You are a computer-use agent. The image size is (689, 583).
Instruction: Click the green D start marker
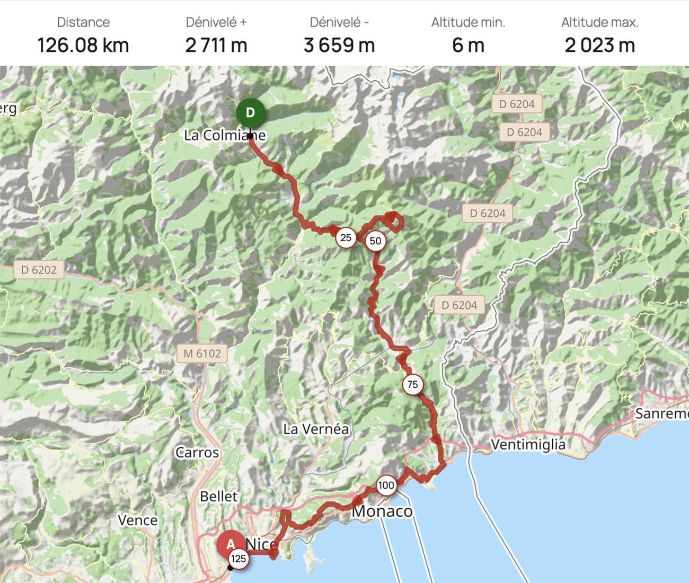(250, 113)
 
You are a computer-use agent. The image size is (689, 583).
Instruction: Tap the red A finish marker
(231, 544)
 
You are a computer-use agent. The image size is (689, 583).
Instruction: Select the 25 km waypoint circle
(346, 237)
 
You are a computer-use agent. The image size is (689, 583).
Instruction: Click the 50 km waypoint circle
(375, 241)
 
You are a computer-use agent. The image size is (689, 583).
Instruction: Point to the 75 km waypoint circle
(412, 384)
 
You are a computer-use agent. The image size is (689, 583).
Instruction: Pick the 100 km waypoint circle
(386, 485)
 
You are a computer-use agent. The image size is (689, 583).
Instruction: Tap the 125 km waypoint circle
(238, 558)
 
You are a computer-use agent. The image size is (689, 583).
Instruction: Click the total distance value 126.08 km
(83, 46)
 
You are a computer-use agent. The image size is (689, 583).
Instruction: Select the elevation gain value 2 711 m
(216, 46)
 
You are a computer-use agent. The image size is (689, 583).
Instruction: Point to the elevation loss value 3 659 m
(339, 46)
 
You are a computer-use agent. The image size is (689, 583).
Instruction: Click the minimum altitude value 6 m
(468, 46)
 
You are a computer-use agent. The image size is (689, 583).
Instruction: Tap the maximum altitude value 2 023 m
(599, 46)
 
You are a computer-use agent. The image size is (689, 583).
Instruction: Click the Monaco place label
(382, 511)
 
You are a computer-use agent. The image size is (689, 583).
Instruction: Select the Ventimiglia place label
(528, 444)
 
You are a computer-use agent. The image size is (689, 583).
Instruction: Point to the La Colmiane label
(225, 135)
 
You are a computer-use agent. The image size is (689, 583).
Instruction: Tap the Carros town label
(197, 453)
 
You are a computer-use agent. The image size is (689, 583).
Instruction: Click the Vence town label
(138, 520)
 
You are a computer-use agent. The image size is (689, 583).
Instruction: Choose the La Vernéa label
(316, 429)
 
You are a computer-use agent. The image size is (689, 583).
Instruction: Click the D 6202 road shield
(39, 270)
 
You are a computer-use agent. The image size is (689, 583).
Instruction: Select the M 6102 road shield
(202, 354)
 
